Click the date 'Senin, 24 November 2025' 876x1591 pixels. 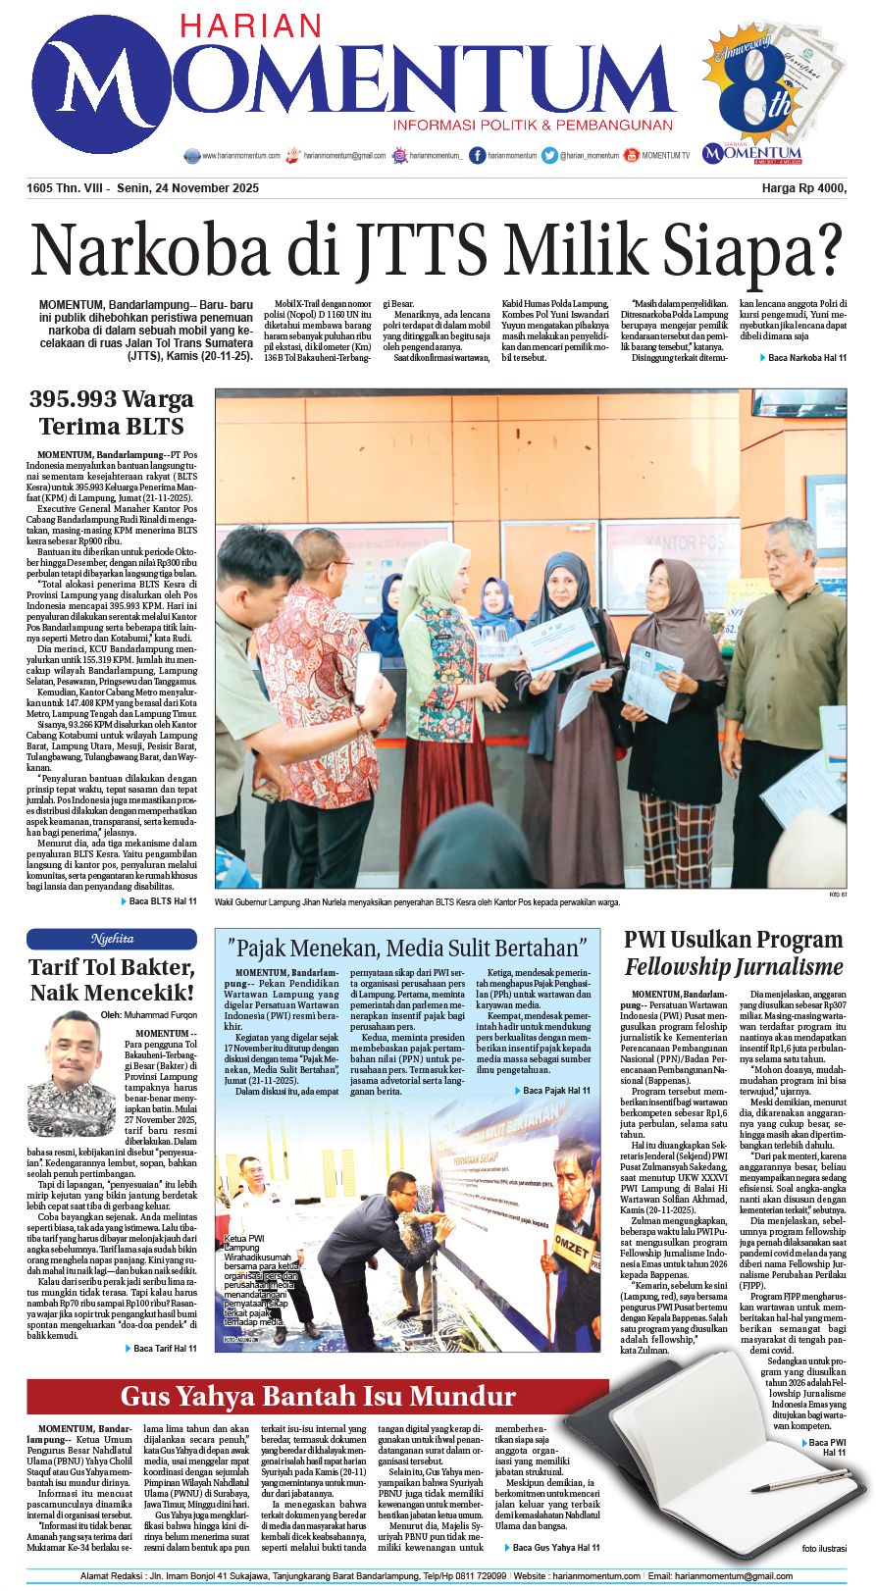coord(187,188)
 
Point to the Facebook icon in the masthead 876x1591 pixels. coord(477,155)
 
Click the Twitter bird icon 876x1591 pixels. coord(549,155)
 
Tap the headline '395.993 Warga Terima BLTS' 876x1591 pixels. coord(112,413)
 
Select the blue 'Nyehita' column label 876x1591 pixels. coord(112,939)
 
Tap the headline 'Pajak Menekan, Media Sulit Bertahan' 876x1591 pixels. coord(407,948)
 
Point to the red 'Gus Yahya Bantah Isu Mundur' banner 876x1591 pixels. coord(318,1396)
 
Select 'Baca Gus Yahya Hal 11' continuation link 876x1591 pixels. coord(556,1547)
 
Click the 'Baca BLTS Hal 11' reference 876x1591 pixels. coord(162,901)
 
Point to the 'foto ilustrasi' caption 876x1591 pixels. coord(823,1549)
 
